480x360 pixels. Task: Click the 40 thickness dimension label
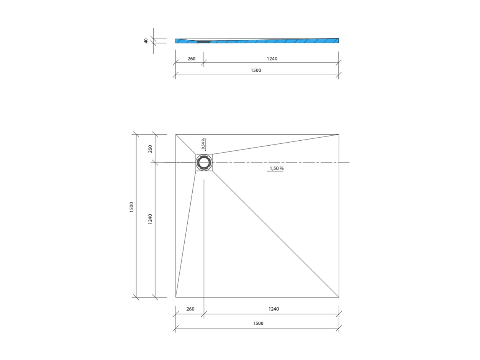[146, 41]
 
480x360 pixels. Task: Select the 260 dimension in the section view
[191, 59]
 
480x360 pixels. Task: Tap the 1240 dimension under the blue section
[272, 59]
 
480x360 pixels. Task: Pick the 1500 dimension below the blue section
[256, 71]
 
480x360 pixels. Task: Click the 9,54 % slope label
[203, 143]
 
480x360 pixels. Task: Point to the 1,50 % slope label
[277, 168]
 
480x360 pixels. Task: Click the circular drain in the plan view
[204, 163]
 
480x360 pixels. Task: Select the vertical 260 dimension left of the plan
[150, 148]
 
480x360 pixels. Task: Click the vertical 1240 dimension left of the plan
[150, 219]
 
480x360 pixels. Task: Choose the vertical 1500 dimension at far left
[131, 207]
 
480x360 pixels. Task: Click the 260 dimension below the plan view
[190, 309]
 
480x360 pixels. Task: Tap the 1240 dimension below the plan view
[274, 309]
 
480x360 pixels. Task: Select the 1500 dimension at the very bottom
[258, 323]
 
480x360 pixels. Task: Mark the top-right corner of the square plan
[339, 135]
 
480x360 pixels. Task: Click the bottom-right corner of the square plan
[339, 297]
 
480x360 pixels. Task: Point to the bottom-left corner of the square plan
[176, 297]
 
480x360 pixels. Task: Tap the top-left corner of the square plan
[176, 135]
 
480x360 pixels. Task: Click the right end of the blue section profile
[338, 41]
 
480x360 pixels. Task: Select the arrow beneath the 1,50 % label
[275, 171]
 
